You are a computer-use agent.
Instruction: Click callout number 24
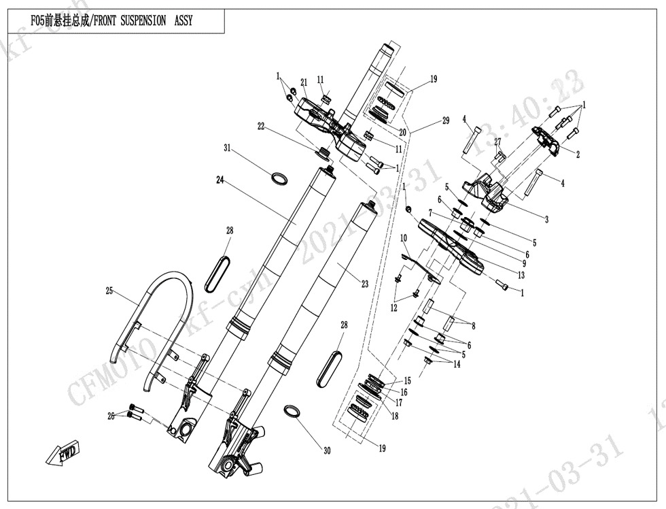click(x=220, y=180)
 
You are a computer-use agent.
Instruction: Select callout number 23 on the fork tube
click(x=365, y=284)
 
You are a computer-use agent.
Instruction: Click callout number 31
click(x=228, y=148)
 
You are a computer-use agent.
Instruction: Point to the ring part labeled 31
click(x=278, y=179)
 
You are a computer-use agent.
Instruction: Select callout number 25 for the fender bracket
click(x=109, y=291)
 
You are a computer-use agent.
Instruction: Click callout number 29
click(x=445, y=120)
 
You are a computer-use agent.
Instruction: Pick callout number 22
click(x=260, y=125)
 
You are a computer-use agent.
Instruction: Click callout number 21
click(x=304, y=82)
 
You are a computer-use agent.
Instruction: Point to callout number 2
click(x=578, y=154)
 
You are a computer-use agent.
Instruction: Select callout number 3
click(x=546, y=219)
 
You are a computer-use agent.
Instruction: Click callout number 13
click(x=521, y=275)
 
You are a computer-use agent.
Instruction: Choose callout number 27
click(x=497, y=142)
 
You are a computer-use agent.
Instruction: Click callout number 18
click(x=394, y=416)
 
